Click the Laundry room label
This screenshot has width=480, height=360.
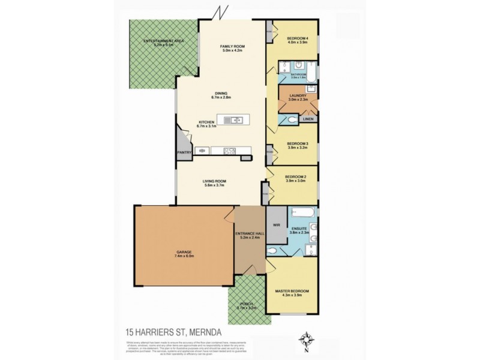pos(298,96)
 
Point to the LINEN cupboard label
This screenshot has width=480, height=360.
pos(308,119)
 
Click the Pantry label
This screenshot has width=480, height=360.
pos(184,152)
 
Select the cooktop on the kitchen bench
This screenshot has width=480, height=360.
pos(229,151)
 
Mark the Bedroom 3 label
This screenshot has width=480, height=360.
pos(297,143)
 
